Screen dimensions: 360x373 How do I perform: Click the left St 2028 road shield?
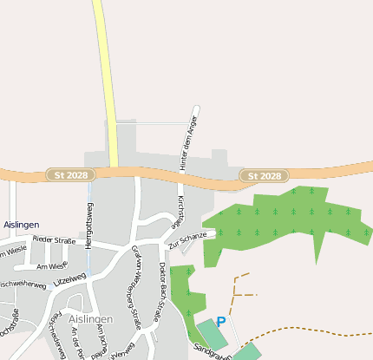pyautogui.click(x=68, y=176)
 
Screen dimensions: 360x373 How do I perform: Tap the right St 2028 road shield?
pyautogui.click(x=264, y=176)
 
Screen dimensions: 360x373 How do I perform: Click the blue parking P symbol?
pyautogui.click(x=220, y=322)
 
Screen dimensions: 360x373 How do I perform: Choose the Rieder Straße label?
pyautogui.click(x=54, y=239)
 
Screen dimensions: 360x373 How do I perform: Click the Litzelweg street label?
pyautogui.click(x=70, y=277)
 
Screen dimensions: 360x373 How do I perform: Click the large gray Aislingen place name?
pyautogui.click(x=90, y=318)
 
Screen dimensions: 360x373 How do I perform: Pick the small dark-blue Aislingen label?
pyautogui.click(x=21, y=225)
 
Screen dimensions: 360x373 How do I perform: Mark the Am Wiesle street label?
pyautogui.click(x=52, y=266)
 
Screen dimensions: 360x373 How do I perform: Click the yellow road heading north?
pyautogui.click(x=106, y=78)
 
